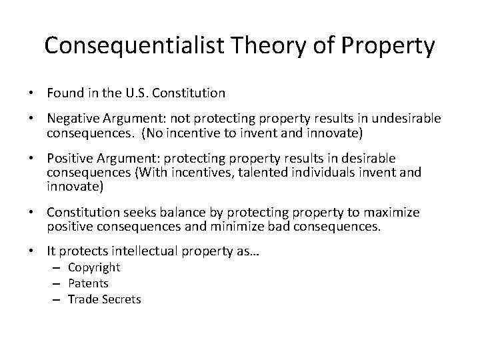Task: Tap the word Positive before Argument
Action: coord(69,158)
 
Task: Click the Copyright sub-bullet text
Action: coord(94,268)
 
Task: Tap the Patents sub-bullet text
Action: coord(89,283)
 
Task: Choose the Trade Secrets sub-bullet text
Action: coord(104,299)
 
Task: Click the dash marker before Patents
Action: coord(58,283)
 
